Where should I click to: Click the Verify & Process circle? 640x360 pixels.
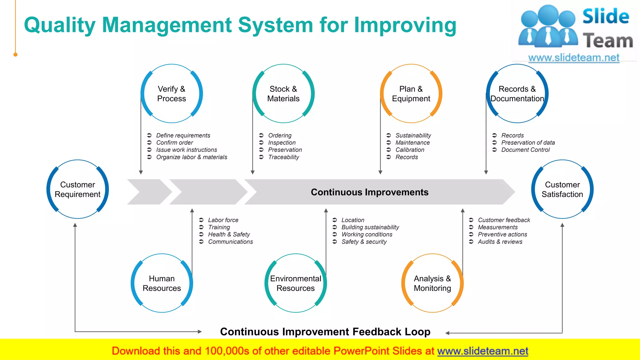[172, 94]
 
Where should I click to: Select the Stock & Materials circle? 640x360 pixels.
[283, 94]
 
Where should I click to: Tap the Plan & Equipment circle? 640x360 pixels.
[411, 94]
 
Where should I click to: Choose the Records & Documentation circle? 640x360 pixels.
[517, 94]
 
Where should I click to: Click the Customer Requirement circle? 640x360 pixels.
[77, 189]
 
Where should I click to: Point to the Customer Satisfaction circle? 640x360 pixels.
[562, 189]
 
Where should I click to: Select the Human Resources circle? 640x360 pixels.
[162, 283]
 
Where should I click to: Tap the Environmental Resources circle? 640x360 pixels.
[296, 283]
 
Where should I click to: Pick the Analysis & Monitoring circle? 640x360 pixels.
[432, 283]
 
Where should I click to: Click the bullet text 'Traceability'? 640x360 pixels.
[283, 157]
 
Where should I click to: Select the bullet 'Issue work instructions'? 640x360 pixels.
[187, 150]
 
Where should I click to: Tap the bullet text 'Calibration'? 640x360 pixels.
[410, 150]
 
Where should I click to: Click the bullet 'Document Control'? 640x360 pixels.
[525, 150]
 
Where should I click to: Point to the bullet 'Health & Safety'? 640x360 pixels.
[229, 234]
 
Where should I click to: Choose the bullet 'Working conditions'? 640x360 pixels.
[367, 234]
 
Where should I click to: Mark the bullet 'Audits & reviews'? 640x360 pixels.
[500, 242]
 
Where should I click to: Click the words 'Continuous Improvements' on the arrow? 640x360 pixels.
[370, 192]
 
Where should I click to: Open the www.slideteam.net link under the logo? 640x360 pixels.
[574, 58]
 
